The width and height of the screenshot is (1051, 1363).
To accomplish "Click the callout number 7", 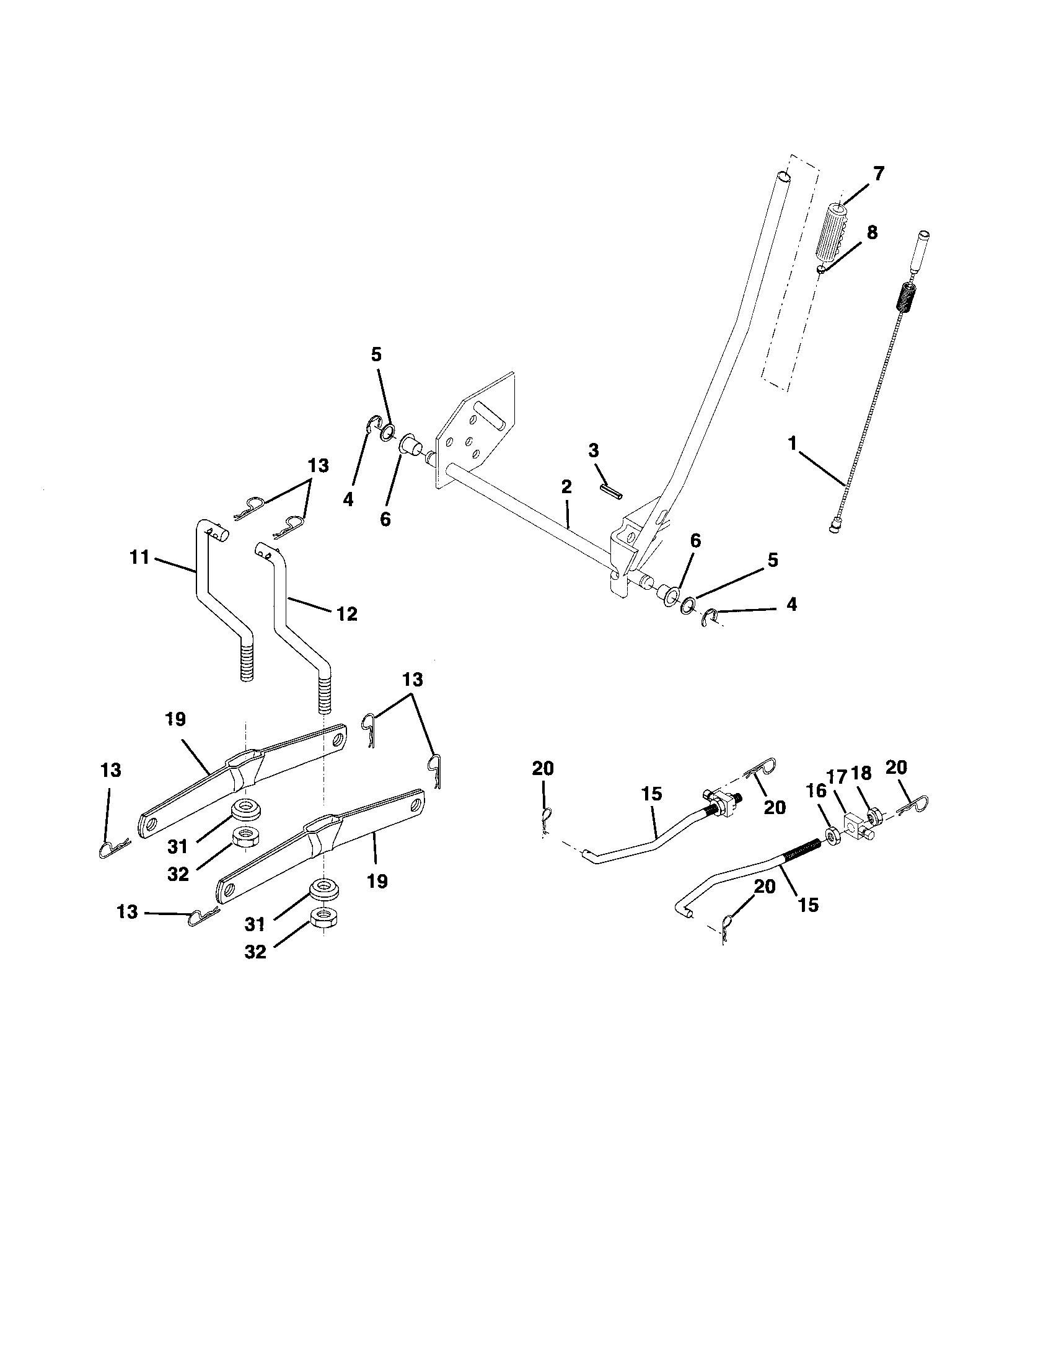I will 879,174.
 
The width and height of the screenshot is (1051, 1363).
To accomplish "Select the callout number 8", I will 872,232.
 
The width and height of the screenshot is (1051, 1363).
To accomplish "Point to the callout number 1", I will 793,444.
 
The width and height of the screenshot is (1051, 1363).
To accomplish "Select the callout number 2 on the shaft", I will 566,487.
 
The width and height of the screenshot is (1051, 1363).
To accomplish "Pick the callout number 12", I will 347,614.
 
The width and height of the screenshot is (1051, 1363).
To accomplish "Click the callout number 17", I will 837,777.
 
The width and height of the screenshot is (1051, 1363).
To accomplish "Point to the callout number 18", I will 861,774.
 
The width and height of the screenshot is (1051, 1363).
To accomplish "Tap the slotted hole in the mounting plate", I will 488,415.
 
